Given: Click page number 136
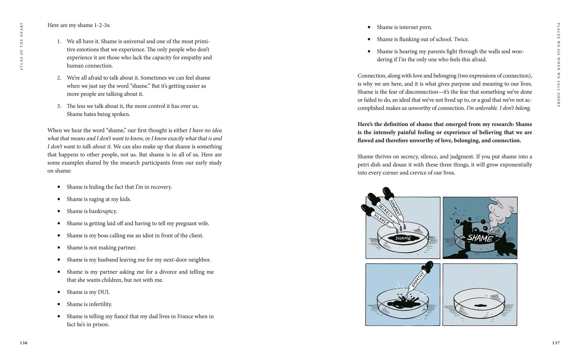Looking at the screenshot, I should [24, 343].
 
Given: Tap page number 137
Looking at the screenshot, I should [556, 343].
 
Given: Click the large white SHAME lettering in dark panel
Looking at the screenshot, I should [480, 238].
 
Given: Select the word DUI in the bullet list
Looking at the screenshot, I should [104, 292].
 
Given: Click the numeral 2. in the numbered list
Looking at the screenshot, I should [59, 78].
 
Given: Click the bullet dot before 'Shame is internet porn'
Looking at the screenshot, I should [369, 27].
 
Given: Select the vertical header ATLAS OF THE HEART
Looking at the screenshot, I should [22, 47].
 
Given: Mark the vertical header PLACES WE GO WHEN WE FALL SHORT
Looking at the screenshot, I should [558, 65].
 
